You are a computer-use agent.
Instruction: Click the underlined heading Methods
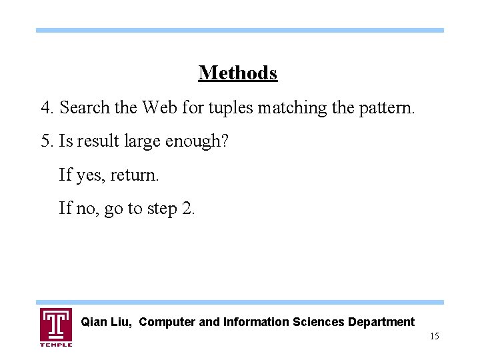(x=237, y=73)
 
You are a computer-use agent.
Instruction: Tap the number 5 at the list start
(x=45, y=141)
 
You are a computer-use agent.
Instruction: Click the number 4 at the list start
(x=45, y=107)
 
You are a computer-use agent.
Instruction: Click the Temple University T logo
(x=56, y=326)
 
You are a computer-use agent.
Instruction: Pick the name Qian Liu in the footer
(x=108, y=323)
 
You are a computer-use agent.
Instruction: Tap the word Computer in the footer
(x=168, y=323)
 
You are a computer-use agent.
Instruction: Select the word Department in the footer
(x=380, y=323)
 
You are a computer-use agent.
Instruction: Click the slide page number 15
(x=435, y=337)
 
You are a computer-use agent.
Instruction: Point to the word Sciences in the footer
(x=317, y=323)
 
